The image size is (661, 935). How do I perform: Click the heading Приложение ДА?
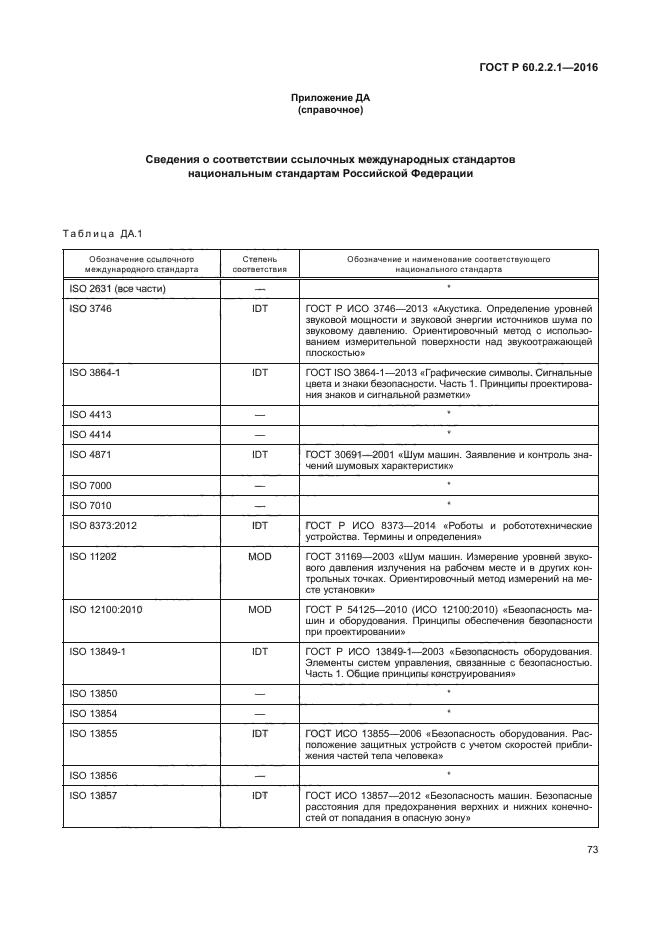[x=330, y=98]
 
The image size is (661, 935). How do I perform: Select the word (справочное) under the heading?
[x=330, y=110]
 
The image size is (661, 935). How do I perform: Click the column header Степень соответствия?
[x=259, y=264]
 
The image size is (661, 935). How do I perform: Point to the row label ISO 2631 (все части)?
[x=115, y=289]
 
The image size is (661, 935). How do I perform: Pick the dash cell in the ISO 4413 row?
[x=259, y=413]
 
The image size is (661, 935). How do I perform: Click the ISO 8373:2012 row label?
[x=102, y=525]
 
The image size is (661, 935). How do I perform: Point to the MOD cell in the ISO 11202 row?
[x=259, y=556]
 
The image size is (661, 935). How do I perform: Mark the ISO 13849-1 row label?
[x=98, y=651]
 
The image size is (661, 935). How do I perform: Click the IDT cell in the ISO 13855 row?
[x=259, y=733]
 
